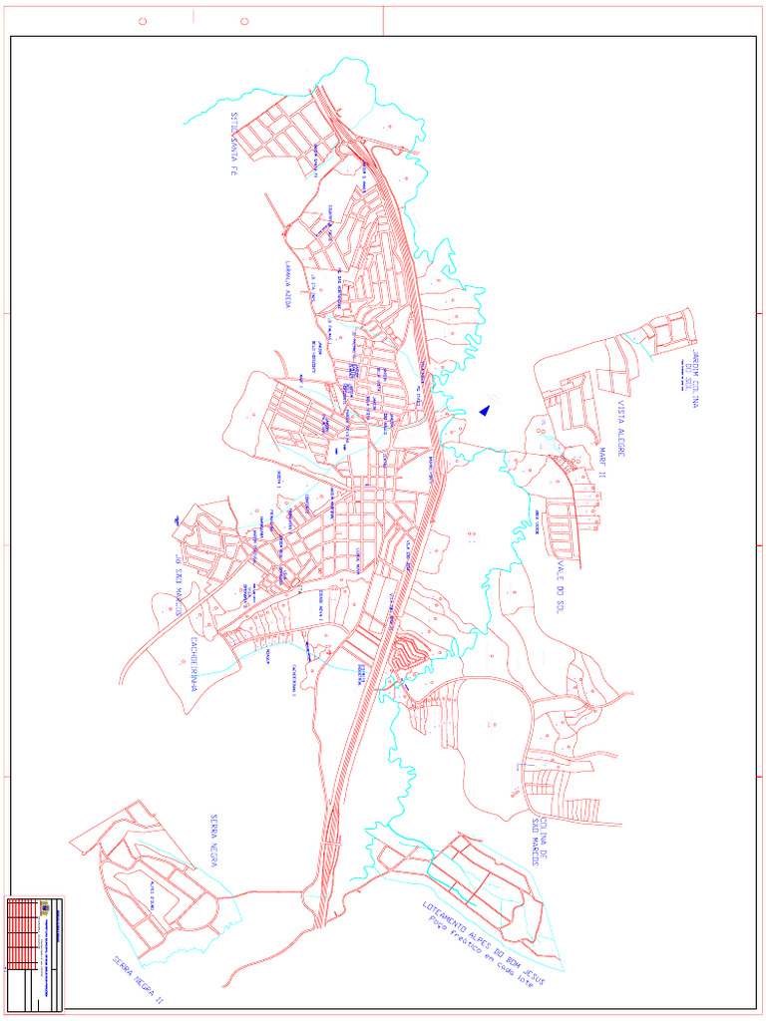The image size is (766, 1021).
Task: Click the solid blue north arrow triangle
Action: pyautogui.click(x=486, y=409)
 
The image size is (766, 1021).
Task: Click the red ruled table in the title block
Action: pyautogui.click(x=21, y=937)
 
